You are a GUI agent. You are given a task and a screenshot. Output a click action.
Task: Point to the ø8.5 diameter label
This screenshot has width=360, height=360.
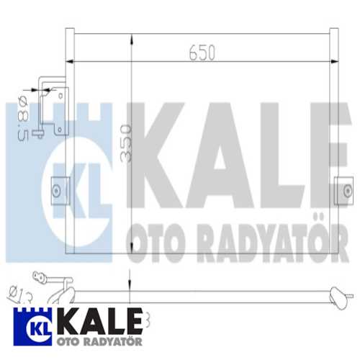coord(22,115)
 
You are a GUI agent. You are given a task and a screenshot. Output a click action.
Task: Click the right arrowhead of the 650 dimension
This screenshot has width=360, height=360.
coord(332,60)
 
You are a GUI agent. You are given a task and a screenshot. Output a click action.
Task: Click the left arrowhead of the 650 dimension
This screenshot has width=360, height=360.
coord(77,60)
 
